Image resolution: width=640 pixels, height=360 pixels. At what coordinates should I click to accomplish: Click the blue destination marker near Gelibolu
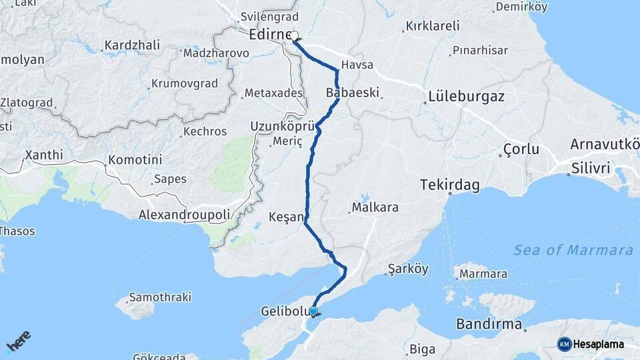(313, 311)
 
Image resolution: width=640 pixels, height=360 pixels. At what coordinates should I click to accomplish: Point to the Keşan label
(285, 217)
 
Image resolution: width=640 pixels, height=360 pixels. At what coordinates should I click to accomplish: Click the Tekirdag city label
(450, 185)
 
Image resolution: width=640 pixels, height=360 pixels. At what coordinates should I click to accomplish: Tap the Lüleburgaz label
(464, 97)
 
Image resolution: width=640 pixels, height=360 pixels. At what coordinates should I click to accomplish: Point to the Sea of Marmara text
(573, 250)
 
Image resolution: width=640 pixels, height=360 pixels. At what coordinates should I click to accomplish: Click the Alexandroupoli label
(185, 215)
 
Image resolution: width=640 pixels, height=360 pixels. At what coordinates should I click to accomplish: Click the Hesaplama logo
(591, 344)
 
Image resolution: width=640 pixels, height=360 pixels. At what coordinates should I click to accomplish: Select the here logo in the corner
(18, 343)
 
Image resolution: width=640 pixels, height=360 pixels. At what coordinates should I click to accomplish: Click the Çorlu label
(521, 149)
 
